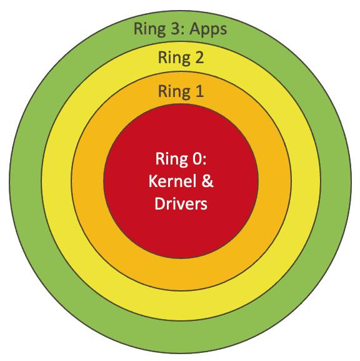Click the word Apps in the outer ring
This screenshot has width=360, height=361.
point(208,29)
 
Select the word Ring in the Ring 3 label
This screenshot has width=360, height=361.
point(149,29)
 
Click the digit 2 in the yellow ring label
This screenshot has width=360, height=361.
point(199,57)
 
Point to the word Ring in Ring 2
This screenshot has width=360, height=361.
point(174,58)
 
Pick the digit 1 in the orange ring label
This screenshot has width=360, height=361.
point(199,91)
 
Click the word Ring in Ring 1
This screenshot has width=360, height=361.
point(174,92)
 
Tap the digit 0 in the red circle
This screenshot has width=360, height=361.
point(197,159)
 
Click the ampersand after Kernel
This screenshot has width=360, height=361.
point(207,181)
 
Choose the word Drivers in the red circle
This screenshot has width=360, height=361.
point(181,203)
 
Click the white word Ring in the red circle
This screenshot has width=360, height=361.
point(172,160)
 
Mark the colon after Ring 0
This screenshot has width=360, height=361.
point(204,161)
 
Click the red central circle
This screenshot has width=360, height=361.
point(181,230)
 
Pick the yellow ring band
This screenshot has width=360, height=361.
point(181,305)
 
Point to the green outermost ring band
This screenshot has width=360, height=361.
point(181,337)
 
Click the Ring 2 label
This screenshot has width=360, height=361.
point(181,58)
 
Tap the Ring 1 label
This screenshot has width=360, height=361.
point(181,92)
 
